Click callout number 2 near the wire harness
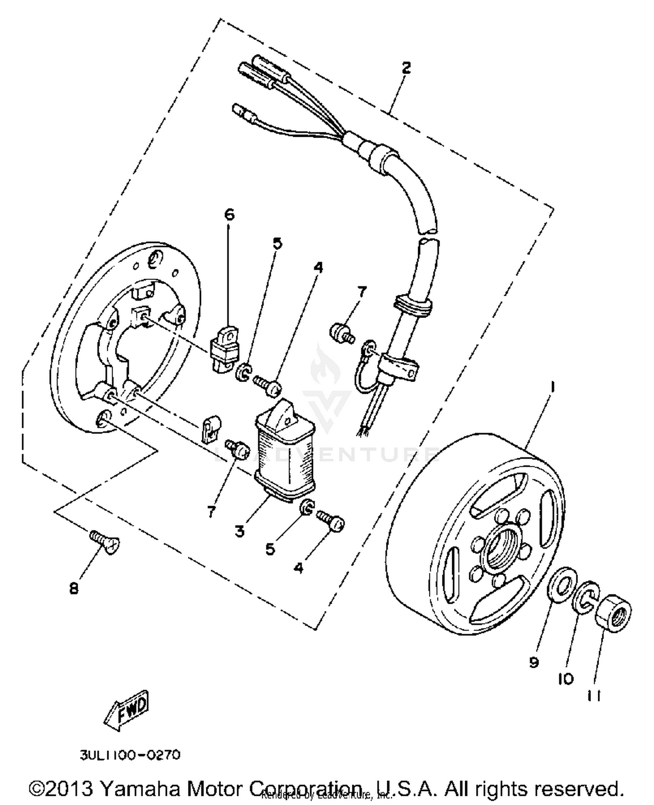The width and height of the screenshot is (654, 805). (x=406, y=68)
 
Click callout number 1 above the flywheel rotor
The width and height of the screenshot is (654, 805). (x=552, y=386)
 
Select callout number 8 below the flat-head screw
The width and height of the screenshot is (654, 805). (x=74, y=589)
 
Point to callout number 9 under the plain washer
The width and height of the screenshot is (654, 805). (x=534, y=663)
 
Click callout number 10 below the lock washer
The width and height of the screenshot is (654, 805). (x=565, y=679)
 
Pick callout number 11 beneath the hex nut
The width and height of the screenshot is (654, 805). (x=594, y=697)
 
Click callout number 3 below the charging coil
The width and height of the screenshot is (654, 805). (x=239, y=531)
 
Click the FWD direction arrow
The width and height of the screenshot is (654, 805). (x=126, y=710)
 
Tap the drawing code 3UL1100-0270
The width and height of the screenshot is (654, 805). (x=130, y=755)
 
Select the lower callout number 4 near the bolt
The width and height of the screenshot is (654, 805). (x=298, y=568)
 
